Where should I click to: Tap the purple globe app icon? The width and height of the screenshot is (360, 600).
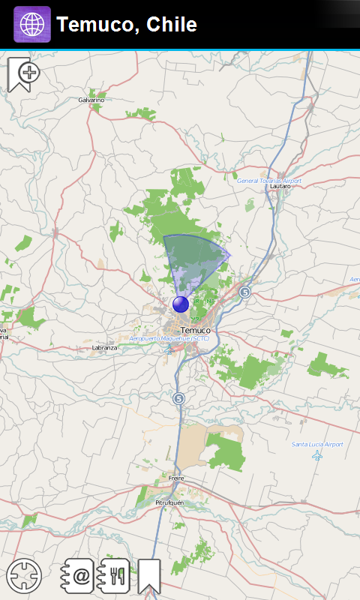coord(32,25)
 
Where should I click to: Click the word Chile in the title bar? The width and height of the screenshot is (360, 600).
coord(172,25)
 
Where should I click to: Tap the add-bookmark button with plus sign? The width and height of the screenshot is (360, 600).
coord(23,73)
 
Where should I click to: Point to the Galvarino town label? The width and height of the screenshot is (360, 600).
coord(91,100)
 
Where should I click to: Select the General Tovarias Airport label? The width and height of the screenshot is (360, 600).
coord(269,181)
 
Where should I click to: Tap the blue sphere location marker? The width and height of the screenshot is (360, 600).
coord(181,304)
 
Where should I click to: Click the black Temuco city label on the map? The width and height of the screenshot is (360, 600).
coord(196,330)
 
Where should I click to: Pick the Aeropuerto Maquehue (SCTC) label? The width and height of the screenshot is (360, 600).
coord(169,339)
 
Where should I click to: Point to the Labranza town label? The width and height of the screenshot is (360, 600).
coord(105,348)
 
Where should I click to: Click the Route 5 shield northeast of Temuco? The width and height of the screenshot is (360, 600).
coord(244,292)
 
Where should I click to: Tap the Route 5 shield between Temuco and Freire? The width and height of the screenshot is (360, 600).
coord(178,398)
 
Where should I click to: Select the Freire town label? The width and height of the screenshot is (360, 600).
coord(176,478)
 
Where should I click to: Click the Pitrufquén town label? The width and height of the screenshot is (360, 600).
coord(169,502)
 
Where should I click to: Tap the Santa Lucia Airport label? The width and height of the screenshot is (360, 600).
coord(317,445)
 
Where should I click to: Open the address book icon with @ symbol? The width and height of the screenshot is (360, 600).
coord(77,576)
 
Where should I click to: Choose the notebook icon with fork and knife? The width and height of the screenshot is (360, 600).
coord(114,576)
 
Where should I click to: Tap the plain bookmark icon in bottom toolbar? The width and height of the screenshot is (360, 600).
coord(149,576)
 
